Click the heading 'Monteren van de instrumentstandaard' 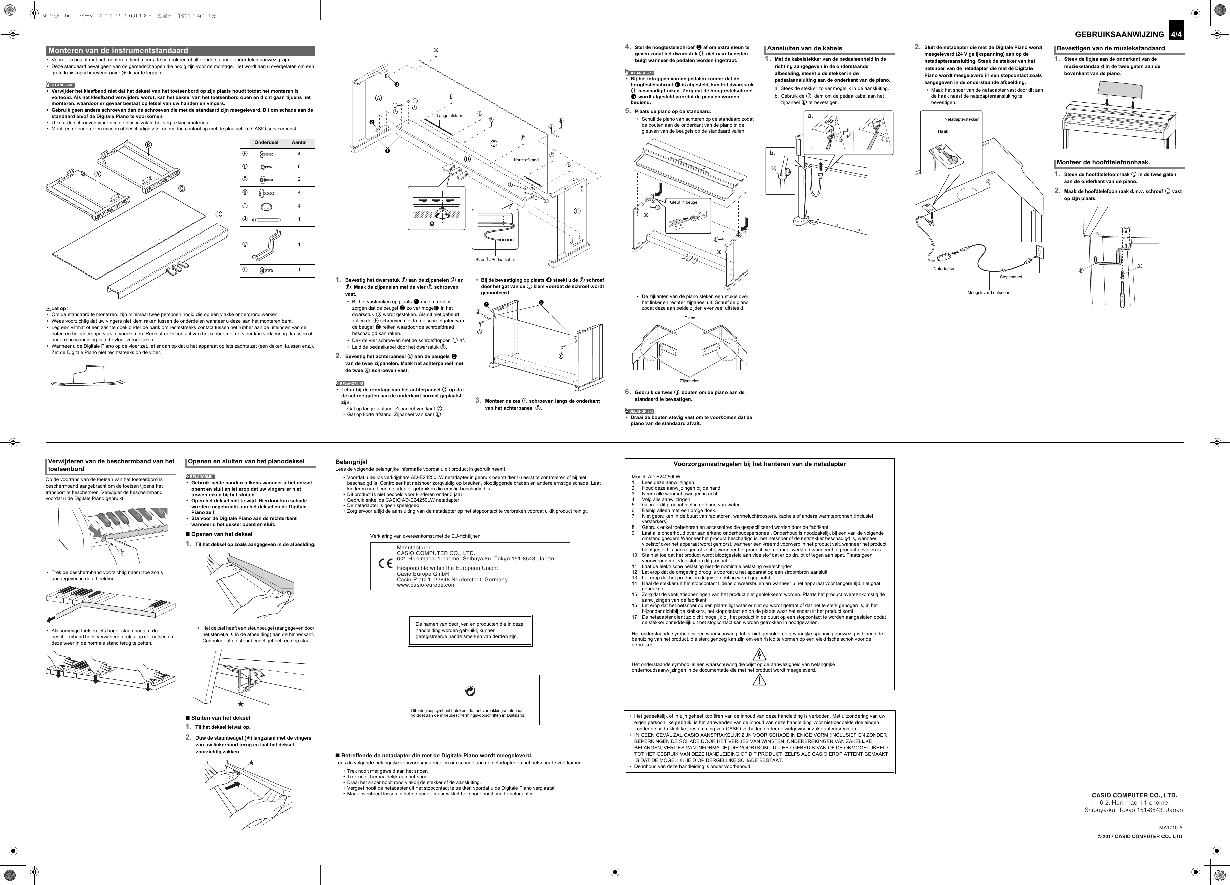point(118,50)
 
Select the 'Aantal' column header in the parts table point(299,143)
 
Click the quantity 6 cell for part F point(299,167)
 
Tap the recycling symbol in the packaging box point(470,691)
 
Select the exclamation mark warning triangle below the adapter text point(759,680)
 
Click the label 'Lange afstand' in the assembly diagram point(450,116)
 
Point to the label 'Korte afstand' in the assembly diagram point(526,160)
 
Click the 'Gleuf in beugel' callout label point(684,202)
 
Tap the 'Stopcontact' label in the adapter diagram point(1011,277)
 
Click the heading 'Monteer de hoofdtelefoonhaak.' point(1103,162)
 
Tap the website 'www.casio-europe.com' point(426,585)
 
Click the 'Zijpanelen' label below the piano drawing point(690,381)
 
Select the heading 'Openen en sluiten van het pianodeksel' point(246,461)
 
